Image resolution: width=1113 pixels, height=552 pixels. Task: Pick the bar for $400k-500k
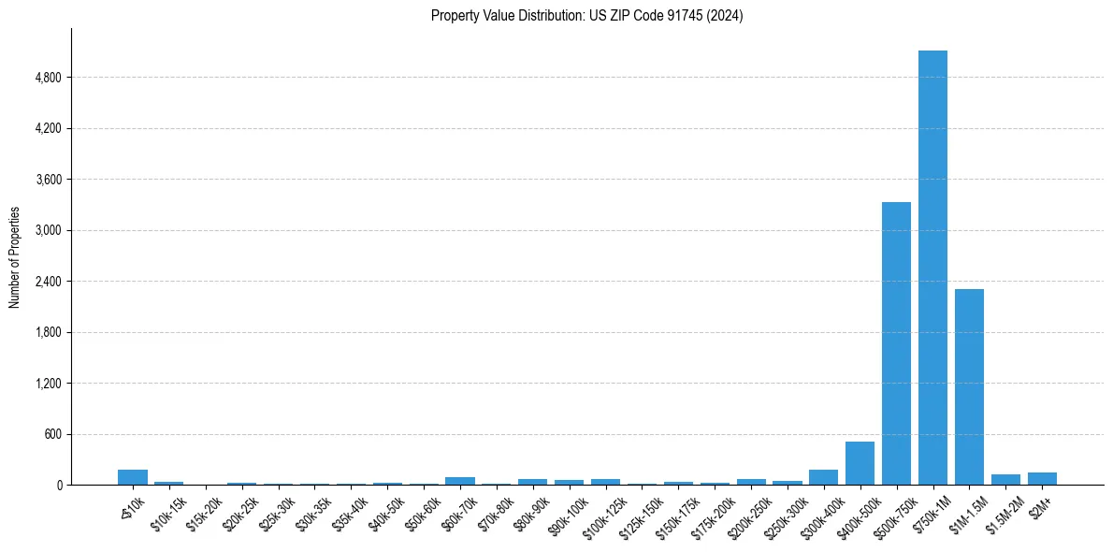point(860,463)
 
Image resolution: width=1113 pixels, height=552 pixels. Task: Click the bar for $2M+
point(1042,478)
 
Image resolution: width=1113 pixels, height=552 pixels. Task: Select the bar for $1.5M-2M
point(1005,479)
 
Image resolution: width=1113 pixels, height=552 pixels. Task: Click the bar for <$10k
point(133,477)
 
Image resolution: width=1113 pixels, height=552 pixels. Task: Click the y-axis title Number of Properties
point(14,256)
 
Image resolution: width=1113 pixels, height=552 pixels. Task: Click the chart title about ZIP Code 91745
point(586,15)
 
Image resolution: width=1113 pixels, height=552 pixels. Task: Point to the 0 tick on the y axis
point(59,485)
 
